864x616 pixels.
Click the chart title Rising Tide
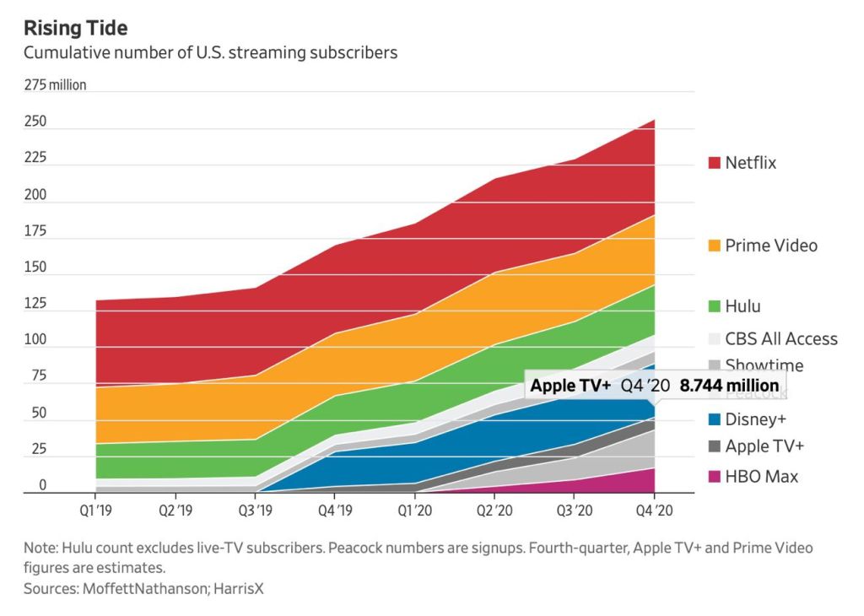pyautogui.click(x=76, y=28)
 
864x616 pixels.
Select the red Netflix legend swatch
pyautogui.click(x=713, y=163)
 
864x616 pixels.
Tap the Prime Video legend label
pyautogui.click(x=771, y=246)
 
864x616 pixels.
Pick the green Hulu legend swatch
pyautogui.click(x=713, y=307)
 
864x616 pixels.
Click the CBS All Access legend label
pyautogui.click(x=781, y=338)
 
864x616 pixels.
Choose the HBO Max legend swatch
pyautogui.click(x=713, y=477)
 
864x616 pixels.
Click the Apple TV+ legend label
pyautogui.click(x=764, y=446)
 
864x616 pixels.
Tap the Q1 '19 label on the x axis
pyautogui.click(x=95, y=511)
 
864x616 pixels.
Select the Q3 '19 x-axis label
pyautogui.click(x=256, y=511)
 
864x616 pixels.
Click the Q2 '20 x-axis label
pyautogui.click(x=495, y=511)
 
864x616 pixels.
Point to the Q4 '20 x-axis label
pyautogui.click(x=655, y=511)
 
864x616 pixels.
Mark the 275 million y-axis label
pyautogui.click(x=55, y=85)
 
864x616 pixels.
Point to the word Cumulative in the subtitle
pyautogui.click(x=64, y=53)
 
